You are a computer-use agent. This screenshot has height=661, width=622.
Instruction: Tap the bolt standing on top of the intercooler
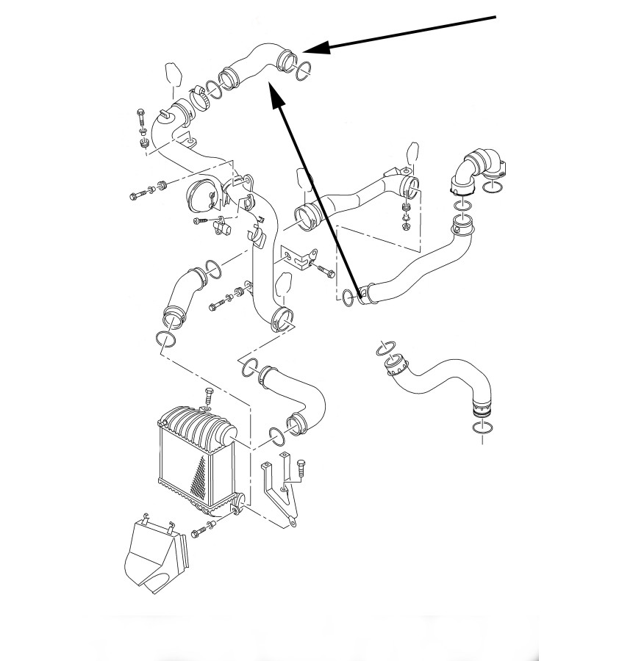point(207,397)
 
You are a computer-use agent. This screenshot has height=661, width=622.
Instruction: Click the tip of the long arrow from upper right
point(305,51)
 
